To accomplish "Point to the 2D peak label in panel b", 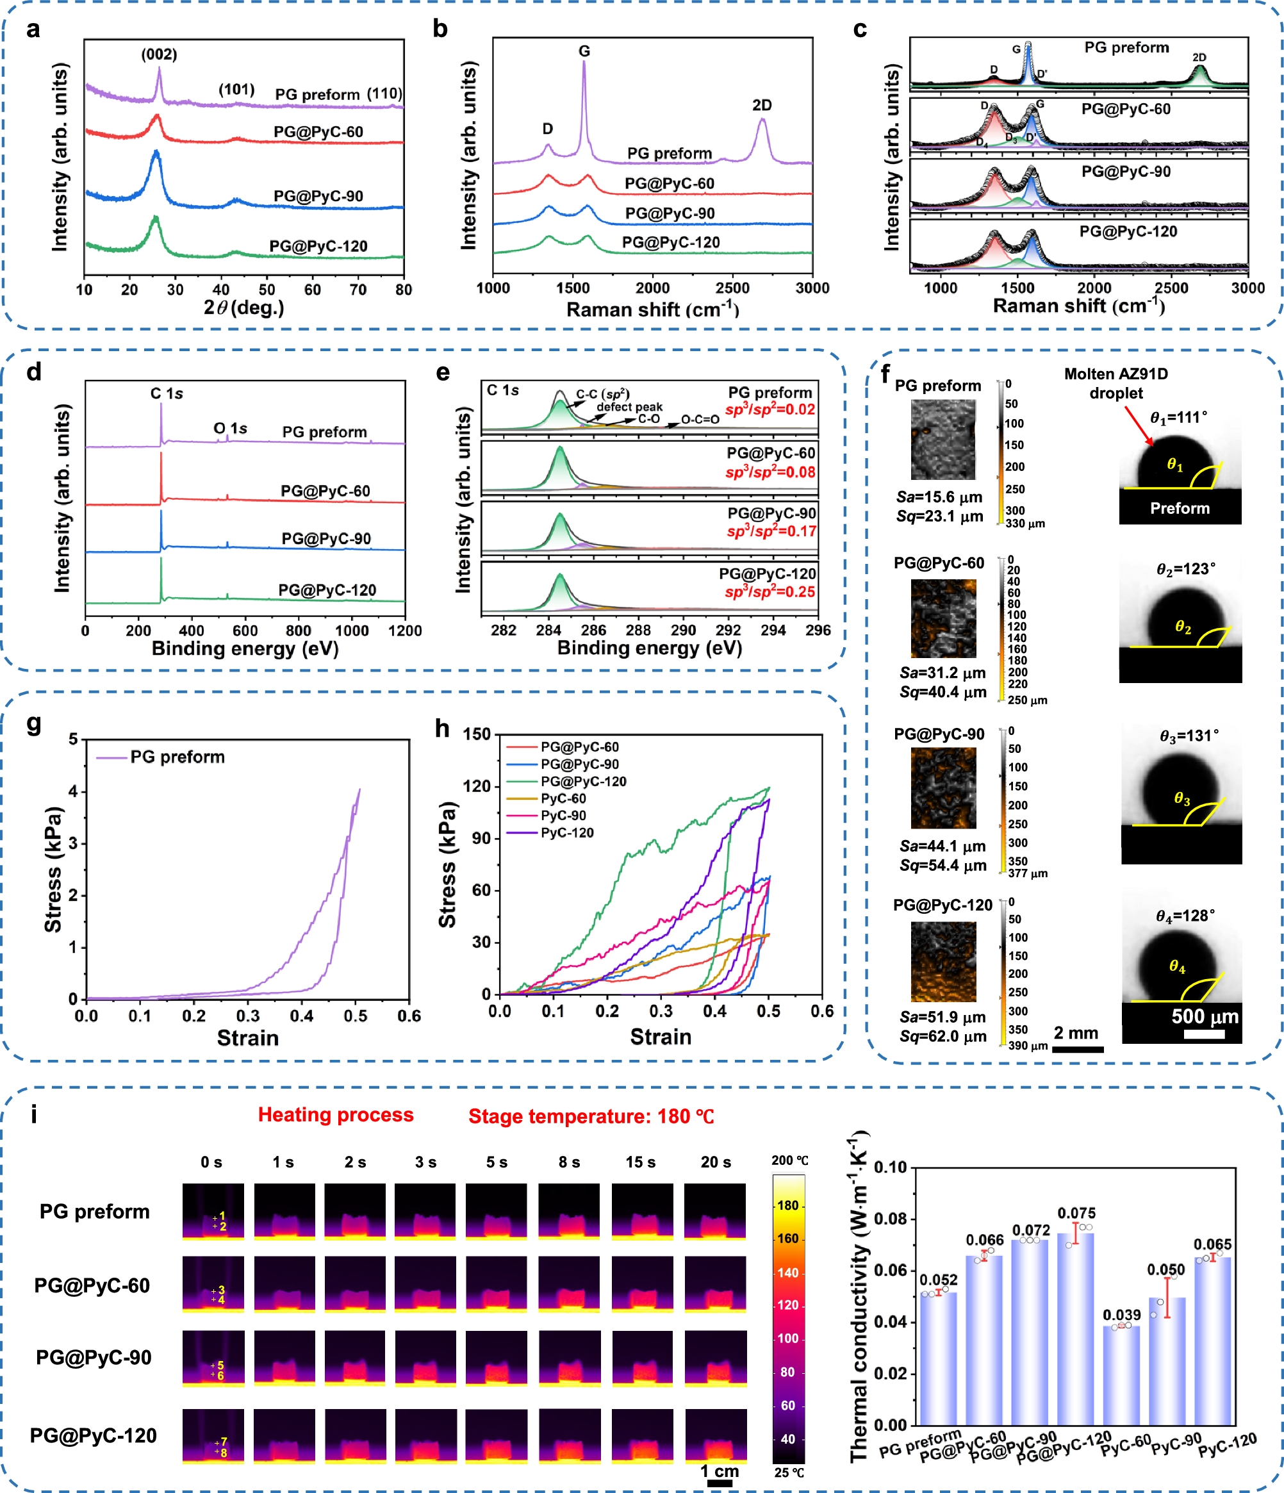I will (x=762, y=105).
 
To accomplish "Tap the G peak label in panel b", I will (x=584, y=51).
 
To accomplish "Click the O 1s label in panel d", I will (x=230, y=429).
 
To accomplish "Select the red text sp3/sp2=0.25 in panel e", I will (x=770, y=592).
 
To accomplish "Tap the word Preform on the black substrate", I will (x=1179, y=509).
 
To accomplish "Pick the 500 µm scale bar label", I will (x=1204, y=1017).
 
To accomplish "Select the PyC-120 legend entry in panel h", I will (x=566, y=833).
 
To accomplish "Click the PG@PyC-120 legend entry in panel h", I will (x=582, y=782).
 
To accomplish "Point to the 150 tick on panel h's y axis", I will (x=476, y=734).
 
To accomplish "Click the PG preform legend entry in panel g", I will (x=177, y=757).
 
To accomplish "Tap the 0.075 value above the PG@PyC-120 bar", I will (x=1076, y=1214).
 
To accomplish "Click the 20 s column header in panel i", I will (x=715, y=1162).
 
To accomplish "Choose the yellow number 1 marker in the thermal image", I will (x=222, y=1216).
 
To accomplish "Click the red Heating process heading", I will (x=335, y=1116).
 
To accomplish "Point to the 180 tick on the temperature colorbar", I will (x=787, y=1205).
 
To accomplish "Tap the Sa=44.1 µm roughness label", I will (x=942, y=846).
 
